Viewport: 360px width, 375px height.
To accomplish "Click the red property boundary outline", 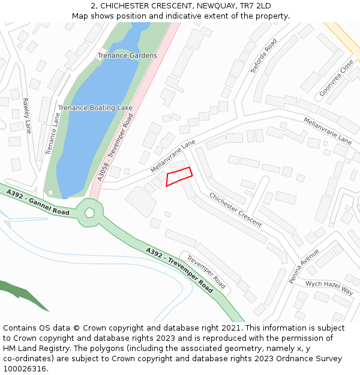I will pos(179,176).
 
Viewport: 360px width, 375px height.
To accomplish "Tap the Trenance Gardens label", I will pos(127,56).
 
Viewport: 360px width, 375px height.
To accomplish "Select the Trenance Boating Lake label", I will pos(95,108).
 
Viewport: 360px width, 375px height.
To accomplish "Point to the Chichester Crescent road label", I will pos(235,209).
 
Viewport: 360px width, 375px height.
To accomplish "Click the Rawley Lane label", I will pos(26,115).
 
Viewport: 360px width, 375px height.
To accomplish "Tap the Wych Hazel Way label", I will pos(329,287).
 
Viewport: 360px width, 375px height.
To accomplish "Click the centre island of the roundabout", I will pos(89,212).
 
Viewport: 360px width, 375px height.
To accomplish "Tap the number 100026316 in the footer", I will pos(25,368).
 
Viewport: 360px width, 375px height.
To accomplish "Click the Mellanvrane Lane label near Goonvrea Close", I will pos(328,130).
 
